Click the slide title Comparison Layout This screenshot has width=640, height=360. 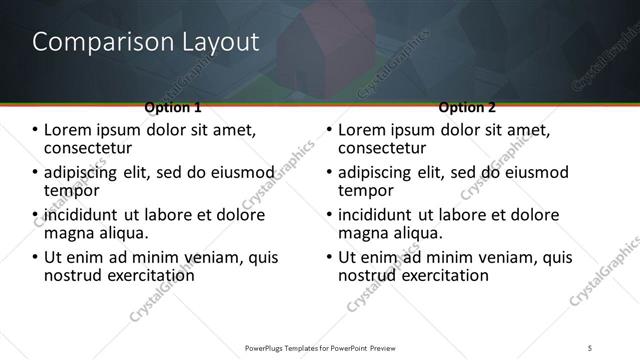tap(146, 42)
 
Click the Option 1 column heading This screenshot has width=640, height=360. tap(173, 107)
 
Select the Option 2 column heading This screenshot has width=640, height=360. tap(467, 107)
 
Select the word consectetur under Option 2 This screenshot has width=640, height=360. tap(384, 148)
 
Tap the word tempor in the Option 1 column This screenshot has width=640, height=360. tap(71, 191)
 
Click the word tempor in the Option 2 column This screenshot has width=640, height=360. tap(365, 191)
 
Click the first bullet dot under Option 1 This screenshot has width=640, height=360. tap(36, 130)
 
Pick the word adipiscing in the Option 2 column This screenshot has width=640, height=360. tap(379, 172)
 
